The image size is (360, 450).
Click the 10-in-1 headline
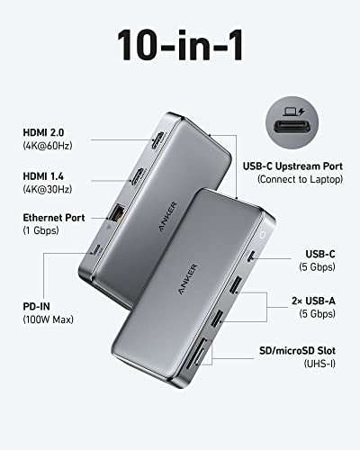(180, 45)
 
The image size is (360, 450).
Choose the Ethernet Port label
(55, 217)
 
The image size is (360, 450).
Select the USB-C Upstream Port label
(303, 165)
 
